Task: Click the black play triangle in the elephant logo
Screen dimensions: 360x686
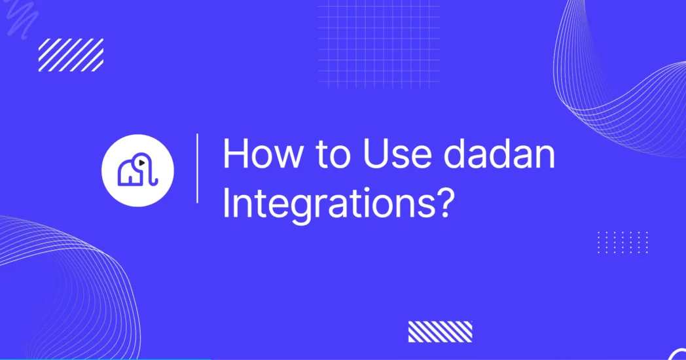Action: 141,163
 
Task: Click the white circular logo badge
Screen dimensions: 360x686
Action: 137,171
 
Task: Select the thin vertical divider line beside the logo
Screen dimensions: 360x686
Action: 197,168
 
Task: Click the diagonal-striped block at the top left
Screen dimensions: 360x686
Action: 71,55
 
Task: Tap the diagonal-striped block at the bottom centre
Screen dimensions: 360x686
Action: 440,332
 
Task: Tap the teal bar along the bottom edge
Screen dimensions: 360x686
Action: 98,358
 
